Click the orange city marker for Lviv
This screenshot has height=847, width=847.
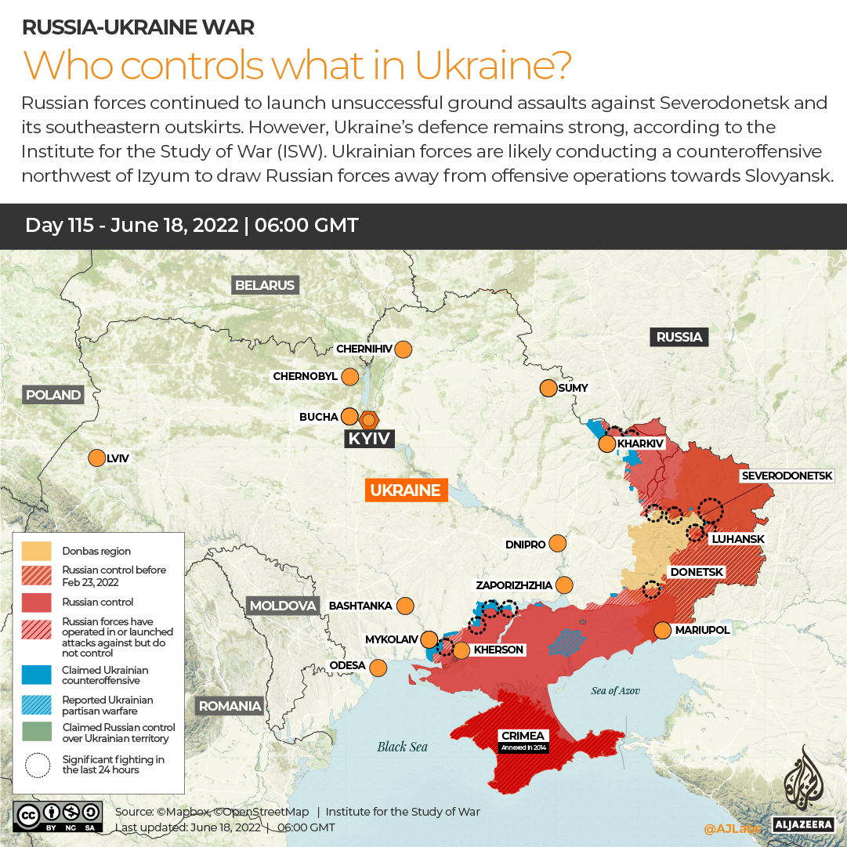tap(97, 458)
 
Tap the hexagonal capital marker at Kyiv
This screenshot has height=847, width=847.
tap(369, 418)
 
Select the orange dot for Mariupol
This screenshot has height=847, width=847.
tap(663, 630)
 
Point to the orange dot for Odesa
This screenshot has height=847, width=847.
tap(378, 668)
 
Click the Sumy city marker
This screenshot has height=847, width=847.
tap(548, 388)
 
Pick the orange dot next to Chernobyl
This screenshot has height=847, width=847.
tap(349, 377)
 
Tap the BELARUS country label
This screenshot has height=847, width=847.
tap(265, 285)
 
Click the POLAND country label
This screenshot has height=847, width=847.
tap(53, 395)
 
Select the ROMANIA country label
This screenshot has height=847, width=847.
tap(230, 706)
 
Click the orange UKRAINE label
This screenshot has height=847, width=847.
tap(405, 490)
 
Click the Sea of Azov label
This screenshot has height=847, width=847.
tap(615, 690)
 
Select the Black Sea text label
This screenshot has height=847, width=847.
tap(402, 746)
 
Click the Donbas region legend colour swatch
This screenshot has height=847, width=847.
tap(37, 551)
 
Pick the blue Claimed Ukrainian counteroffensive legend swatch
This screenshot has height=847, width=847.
tap(37, 675)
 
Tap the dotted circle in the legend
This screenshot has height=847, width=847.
tap(37, 765)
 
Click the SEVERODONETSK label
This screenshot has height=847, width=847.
tap(792, 476)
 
